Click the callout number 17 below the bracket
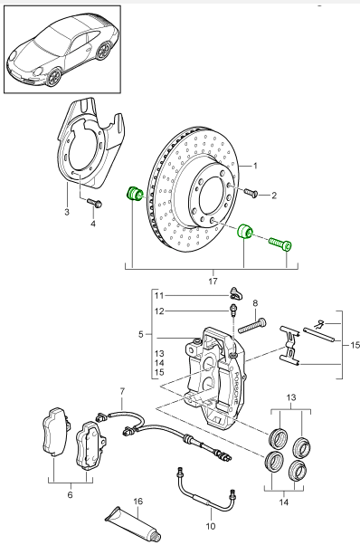[x=213, y=281]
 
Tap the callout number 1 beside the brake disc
[x=255, y=166]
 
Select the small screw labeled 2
[x=251, y=193]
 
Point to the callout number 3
[x=67, y=211]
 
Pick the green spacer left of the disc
[x=134, y=195]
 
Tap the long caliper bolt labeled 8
[x=252, y=326]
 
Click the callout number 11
[x=159, y=296]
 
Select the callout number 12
[x=159, y=311]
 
